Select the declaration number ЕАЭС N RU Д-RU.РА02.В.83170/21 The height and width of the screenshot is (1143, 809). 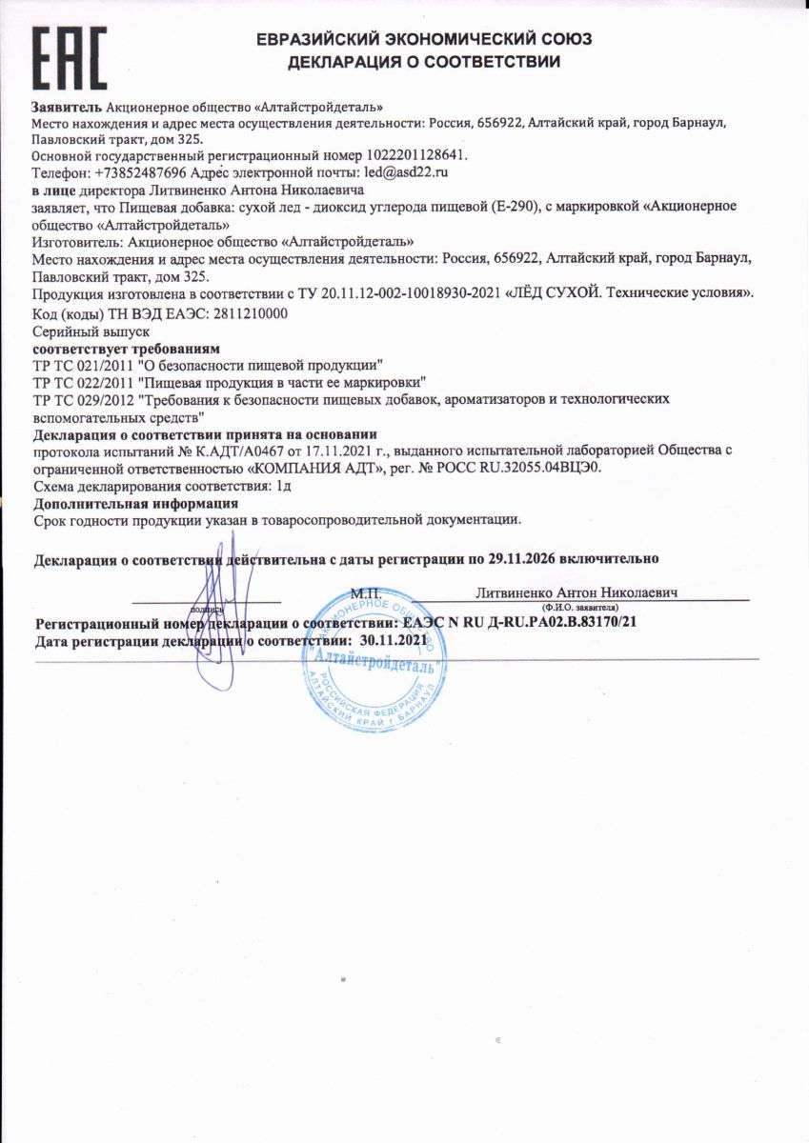520,623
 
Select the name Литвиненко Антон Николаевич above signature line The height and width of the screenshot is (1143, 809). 576,592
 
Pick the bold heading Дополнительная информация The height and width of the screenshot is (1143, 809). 135,503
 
